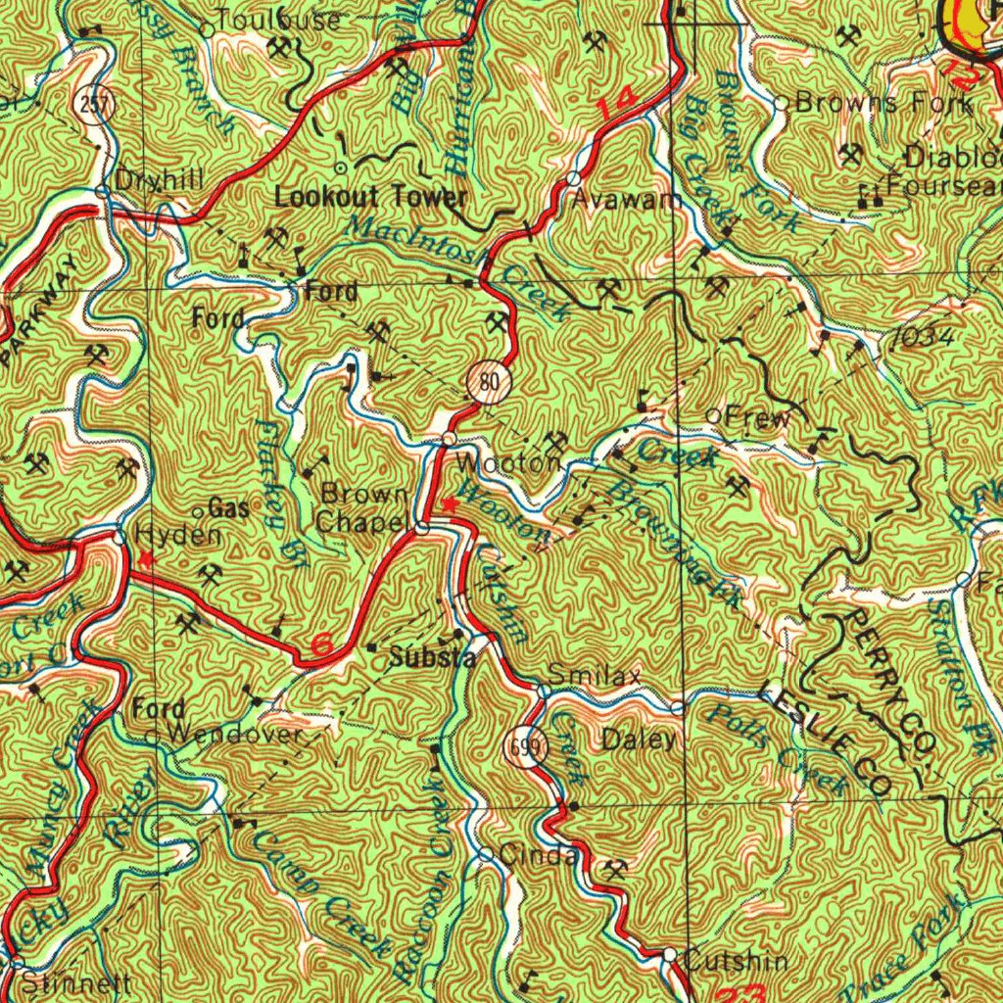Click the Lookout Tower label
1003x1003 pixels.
click(x=370, y=197)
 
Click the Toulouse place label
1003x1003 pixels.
click(x=279, y=20)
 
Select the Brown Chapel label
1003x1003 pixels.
click(x=362, y=507)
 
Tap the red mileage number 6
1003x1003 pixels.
click(x=321, y=646)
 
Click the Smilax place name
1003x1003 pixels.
click(x=595, y=675)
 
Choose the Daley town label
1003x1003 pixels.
click(x=639, y=739)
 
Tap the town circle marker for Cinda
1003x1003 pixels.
click(x=487, y=854)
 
